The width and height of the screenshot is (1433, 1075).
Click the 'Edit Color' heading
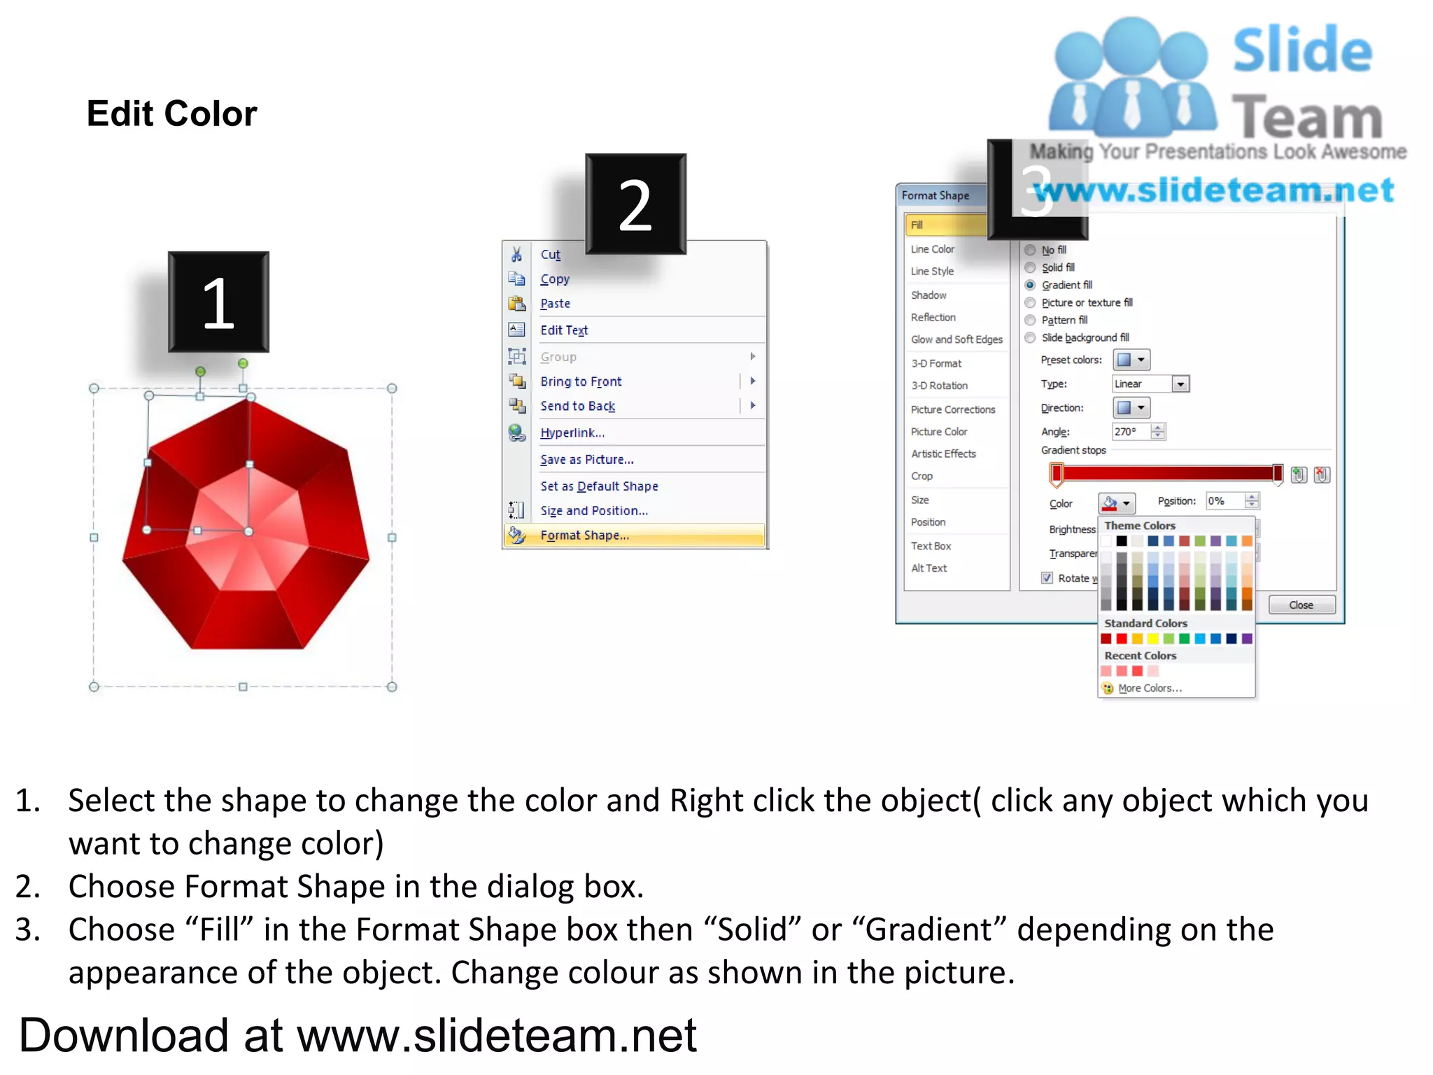click(x=171, y=113)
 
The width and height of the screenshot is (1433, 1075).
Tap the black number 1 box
click(x=218, y=302)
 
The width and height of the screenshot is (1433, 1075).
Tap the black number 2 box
click(x=635, y=204)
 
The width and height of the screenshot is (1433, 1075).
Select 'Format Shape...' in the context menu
click(x=584, y=535)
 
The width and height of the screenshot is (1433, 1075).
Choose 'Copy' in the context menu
click(x=555, y=279)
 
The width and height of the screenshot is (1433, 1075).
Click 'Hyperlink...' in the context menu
click(x=572, y=433)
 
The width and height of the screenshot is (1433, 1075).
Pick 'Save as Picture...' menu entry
click(x=586, y=460)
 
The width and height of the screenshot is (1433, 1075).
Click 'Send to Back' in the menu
click(x=577, y=406)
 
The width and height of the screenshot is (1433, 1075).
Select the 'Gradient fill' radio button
click(x=1030, y=285)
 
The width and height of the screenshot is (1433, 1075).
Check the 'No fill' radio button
click(x=1030, y=250)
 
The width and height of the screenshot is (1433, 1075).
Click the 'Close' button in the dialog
click(x=1301, y=605)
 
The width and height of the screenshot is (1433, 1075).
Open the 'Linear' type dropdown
click(x=1180, y=384)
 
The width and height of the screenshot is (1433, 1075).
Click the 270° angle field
click(x=1130, y=432)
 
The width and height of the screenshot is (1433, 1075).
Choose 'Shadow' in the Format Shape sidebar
click(x=929, y=295)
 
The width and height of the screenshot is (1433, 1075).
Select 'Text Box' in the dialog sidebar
click(x=931, y=546)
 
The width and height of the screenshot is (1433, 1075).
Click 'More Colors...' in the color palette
click(x=1150, y=688)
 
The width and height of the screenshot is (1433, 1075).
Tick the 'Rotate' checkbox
click(x=1047, y=578)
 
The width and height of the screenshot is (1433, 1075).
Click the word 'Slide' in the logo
click(x=1301, y=50)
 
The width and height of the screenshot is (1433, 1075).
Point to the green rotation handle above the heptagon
click(x=243, y=363)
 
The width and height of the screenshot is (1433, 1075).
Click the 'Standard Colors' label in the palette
click(x=1145, y=623)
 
